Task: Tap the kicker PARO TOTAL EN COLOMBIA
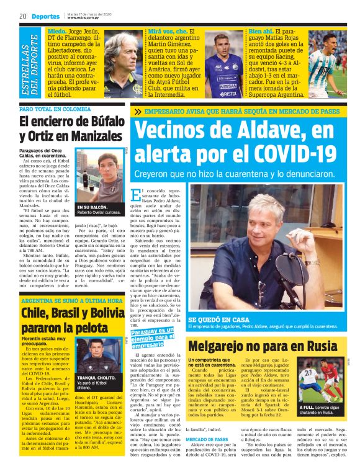tap(55, 109)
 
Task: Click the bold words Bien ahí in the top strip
tap(260, 30)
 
